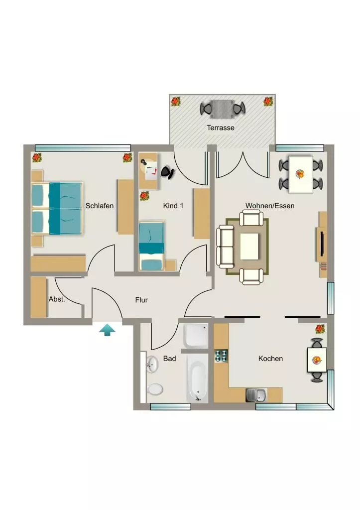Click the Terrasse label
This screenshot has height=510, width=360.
[x=221, y=128]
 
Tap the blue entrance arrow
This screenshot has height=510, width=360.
[x=108, y=330]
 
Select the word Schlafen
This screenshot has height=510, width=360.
[x=100, y=206]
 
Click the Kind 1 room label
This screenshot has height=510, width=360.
[x=173, y=206]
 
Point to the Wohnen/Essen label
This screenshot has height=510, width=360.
[x=270, y=206]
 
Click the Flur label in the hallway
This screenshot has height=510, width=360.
[x=141, y=300]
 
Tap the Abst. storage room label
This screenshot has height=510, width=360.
[x=57, y=299]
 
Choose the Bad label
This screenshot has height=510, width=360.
[x=169, y=359]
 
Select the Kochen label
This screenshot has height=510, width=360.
[x=270, y=359]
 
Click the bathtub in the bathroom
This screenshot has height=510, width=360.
[x=197, y=379]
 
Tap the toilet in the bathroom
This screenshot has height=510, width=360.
[x=155, y=388]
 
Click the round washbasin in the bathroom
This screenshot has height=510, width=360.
[x=152, y=364]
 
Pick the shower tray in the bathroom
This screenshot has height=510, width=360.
[x=196, y=336]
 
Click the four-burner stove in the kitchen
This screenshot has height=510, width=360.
[x=221, y=356]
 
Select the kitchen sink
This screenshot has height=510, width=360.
[x=256, y=395]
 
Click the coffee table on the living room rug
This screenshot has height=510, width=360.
[x=249, y=246]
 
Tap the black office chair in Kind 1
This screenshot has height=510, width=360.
[x=168, y=172]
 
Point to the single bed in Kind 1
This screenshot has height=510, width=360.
[x=151, y=246]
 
